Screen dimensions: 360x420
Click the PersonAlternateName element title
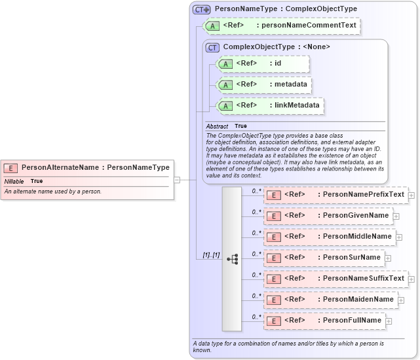[95, 167]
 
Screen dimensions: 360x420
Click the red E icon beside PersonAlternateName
[11, 167]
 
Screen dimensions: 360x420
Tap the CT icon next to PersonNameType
[200, 9]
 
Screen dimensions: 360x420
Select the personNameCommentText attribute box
[282, 26]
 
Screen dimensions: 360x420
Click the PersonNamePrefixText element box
[335, 195]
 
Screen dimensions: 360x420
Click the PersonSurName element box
[324, 257]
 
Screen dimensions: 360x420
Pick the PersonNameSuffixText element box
[335, 278]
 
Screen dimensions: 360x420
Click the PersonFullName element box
[325, 320]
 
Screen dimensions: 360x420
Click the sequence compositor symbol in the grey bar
[232, 259]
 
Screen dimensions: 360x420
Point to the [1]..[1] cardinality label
[207, 254]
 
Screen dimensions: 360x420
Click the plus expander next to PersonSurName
[389, 258]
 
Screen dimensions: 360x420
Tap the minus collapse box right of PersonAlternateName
[176, 179]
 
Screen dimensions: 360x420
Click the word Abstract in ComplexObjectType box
[217, 126]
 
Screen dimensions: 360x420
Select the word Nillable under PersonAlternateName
[14, 181]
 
